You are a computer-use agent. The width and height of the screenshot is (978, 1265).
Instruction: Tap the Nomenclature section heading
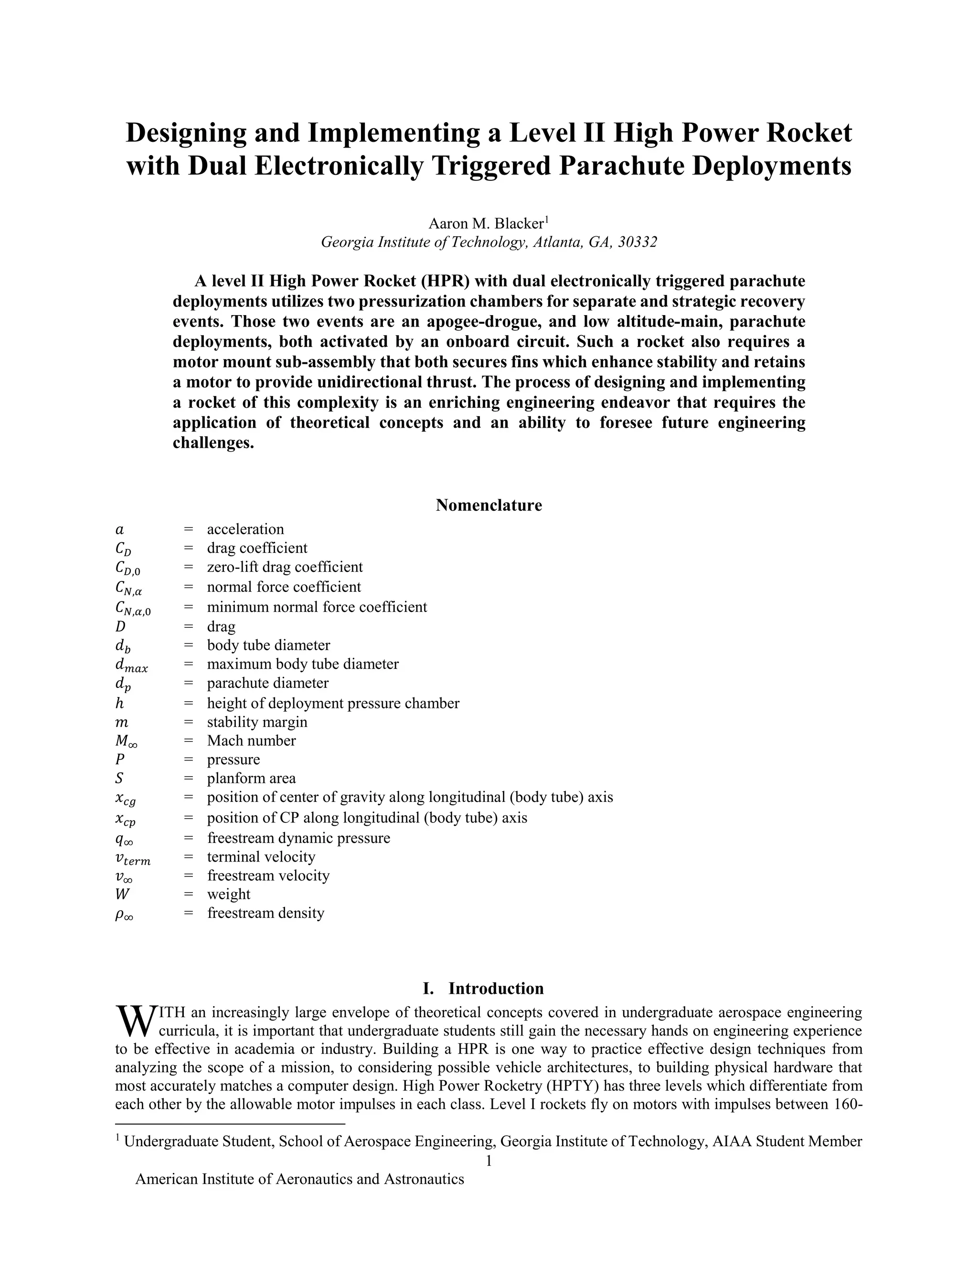tap(489, 505)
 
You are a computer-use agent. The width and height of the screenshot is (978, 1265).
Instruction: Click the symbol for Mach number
tap(126, 741)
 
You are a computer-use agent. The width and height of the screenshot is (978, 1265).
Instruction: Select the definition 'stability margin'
tap(257, 722)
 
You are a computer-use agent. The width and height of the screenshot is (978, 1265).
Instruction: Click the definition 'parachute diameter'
tap(268, 683)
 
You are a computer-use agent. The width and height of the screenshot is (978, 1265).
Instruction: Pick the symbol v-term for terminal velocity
tap(133, 858)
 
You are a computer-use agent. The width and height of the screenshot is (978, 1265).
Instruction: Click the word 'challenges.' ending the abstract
tap(214, 443)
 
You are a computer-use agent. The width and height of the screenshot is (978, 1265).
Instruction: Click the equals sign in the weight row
tap(188, 894)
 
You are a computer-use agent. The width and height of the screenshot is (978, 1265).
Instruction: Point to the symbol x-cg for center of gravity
tap(126, 799)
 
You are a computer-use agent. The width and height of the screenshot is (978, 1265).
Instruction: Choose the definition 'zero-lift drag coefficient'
tap(285, 567)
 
